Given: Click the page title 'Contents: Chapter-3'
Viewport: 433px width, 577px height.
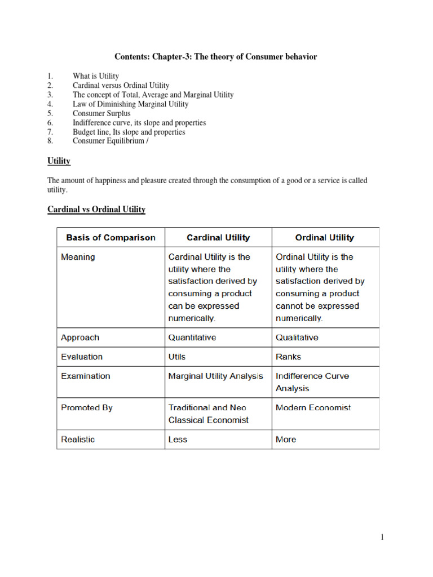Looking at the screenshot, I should (x=216, y=56).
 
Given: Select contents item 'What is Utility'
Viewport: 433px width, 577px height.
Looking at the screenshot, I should (x=96, y=76).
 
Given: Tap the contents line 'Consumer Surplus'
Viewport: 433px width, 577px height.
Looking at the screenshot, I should (x=101, y=113).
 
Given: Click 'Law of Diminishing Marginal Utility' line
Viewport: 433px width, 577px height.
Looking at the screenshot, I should (x=130, y=104).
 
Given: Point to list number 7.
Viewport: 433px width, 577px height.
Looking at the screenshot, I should (x=50, y=132).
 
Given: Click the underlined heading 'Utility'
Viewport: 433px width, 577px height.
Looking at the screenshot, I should (x=59, y=161).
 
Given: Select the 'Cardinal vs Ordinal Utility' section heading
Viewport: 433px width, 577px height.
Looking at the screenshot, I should (x=96, y=210).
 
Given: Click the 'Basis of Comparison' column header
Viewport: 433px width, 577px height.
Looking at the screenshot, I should (x=111, y=238).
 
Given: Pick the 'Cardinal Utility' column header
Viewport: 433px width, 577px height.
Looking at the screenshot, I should (x=218, y=238).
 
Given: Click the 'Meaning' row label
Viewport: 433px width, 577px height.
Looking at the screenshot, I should (x=78, y=257).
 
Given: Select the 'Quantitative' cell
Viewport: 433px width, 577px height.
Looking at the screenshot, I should (x=192, y=338).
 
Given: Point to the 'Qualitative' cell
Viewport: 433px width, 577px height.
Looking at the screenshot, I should (x=297, y=338).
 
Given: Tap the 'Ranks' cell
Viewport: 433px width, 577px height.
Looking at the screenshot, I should (x=288, y=357).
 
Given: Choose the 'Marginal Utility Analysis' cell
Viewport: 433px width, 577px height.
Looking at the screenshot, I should (x=215, y=376).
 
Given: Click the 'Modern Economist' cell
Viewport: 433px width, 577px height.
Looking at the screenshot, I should (x=313, y=407).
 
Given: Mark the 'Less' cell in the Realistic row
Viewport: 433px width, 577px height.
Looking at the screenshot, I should (x=178, y=440).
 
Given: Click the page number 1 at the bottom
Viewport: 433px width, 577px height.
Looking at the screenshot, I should (x=382, y=538).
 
